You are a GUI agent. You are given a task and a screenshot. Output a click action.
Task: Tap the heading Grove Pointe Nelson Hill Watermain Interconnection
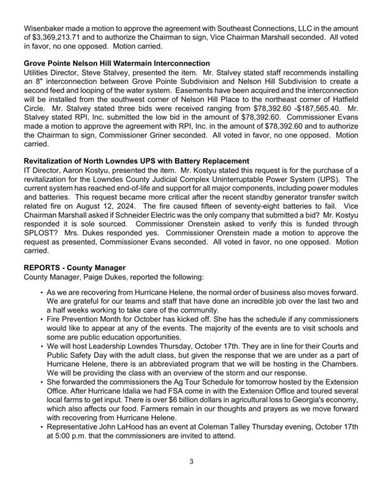point(116,64)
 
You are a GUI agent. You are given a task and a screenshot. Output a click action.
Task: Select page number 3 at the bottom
point(191,476)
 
